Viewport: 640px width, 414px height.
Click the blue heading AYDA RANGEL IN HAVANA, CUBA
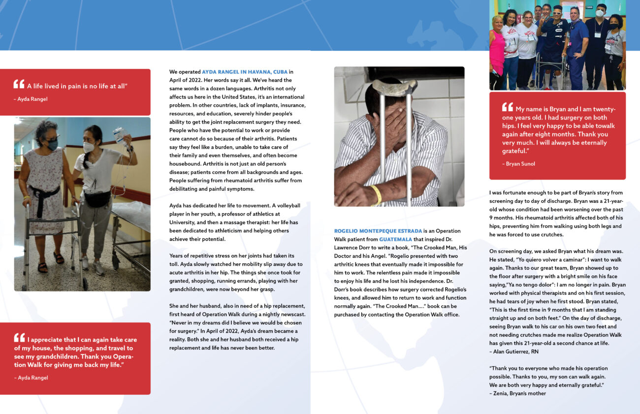(245, 72)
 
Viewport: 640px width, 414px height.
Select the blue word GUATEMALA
(395, 239)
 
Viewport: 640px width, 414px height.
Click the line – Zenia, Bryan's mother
(517, 393)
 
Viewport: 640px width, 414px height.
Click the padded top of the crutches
(394, 87)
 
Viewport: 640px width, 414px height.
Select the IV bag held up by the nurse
(118, 134)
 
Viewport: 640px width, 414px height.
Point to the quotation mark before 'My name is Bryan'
(507, 107)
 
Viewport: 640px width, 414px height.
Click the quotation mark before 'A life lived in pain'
(19, 84)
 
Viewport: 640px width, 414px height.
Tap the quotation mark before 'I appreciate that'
(19, 338)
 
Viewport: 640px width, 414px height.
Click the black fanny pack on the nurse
(96, 199)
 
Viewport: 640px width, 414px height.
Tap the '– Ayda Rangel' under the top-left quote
(31, 99)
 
